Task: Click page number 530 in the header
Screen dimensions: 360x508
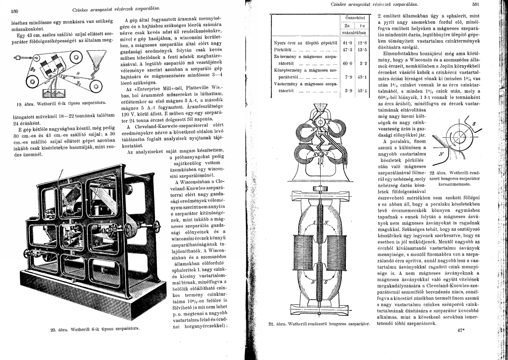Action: point(14,11)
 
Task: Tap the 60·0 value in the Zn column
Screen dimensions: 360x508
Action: point(347,64)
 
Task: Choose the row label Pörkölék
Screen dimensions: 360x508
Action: point(284,49)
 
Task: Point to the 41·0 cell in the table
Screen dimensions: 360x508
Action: point(347,42)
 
